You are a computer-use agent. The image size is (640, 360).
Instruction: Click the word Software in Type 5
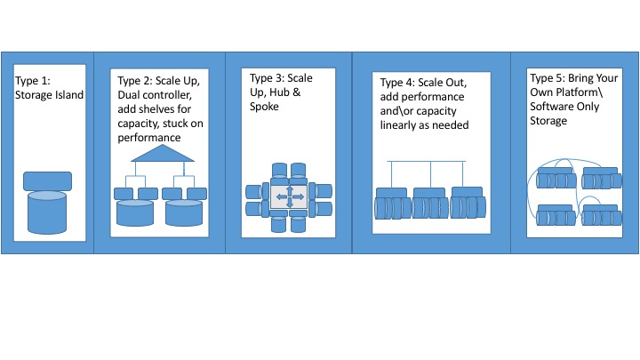coord(550,108)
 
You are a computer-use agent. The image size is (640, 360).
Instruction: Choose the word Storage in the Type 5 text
coord(548,122)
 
